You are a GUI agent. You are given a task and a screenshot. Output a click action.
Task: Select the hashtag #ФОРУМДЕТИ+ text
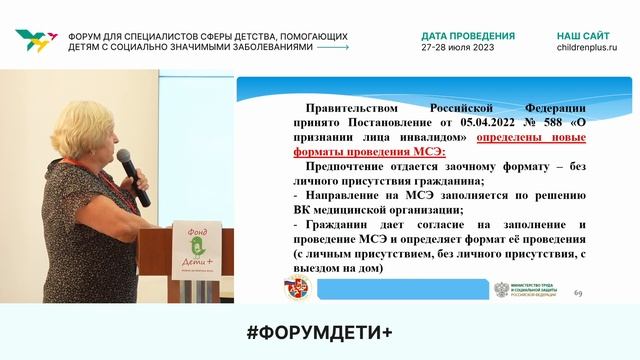[320, 332]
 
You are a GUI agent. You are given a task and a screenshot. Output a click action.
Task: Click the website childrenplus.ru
[587, 47]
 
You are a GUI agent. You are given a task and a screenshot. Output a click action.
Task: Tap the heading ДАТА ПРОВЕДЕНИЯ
[468, 35]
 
